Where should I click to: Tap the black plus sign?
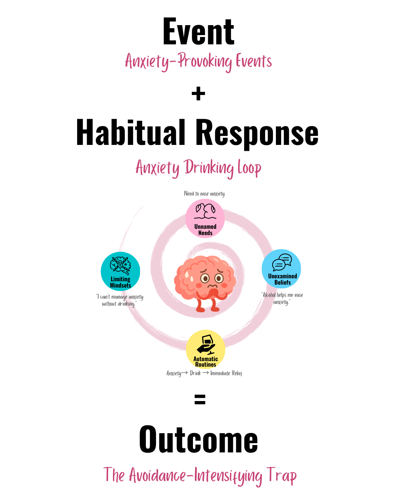[198, 94]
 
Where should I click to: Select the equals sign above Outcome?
[200, 399]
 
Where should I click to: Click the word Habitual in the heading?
[131, 132]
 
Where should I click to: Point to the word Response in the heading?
[257, 135]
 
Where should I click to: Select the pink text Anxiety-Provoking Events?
[198, 61]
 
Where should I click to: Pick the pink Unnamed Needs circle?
[205, 218]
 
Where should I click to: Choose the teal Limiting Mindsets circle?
[120, 271]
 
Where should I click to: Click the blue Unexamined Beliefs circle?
[281, 269]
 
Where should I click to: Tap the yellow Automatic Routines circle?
[206, 349]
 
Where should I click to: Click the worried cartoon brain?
[205, 284]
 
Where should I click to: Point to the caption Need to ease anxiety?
[204, 194]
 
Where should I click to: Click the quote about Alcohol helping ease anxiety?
[282, 298]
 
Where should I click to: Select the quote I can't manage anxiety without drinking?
[120, 300]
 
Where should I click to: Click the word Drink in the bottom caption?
[195, 373]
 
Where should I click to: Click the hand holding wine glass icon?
[206, 344]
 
